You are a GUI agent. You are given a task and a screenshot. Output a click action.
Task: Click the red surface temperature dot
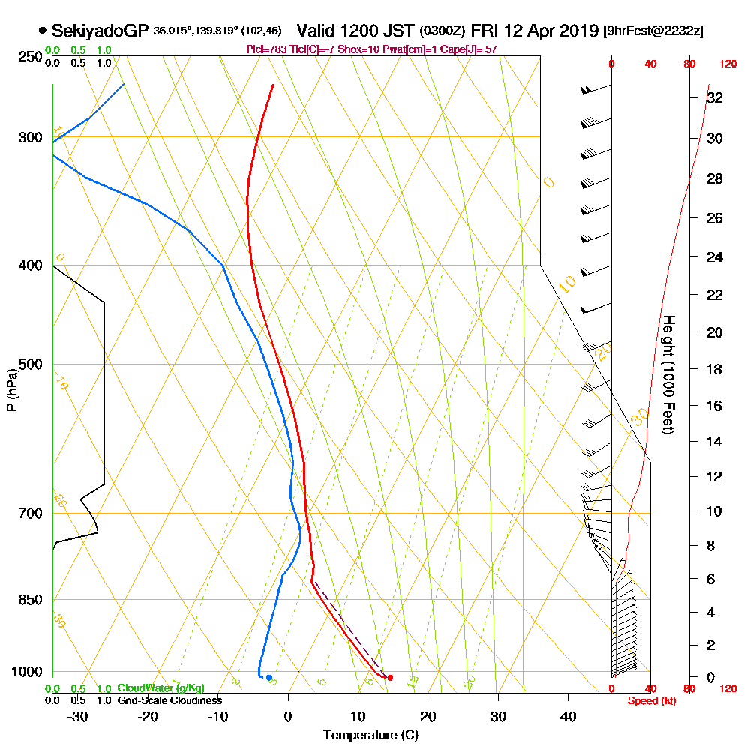[390, 678]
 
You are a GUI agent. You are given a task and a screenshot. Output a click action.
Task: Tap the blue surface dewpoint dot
[268, 678]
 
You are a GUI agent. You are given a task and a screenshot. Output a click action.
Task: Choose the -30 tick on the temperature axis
[77, 717]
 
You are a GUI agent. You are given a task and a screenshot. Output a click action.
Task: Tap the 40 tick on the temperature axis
[568, 717]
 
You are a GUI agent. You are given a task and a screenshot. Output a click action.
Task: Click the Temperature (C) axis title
[370, 736]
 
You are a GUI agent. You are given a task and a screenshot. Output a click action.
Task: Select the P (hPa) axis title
[11, 390]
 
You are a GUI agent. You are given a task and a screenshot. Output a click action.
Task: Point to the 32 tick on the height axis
[714, 97]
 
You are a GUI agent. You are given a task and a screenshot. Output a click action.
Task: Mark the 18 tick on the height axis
[714, 369]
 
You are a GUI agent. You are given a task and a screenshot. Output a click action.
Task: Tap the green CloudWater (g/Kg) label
[160, 688]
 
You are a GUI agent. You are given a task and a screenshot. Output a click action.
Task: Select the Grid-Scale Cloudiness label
[169, 700]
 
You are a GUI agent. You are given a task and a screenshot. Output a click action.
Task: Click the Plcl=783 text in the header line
[265, 49]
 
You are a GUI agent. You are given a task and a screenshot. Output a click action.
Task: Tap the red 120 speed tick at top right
[727, 64]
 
